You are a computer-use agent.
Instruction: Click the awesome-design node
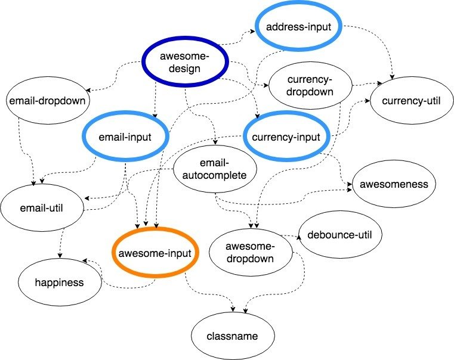point(186,63)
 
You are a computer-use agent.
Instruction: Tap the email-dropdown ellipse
point(47,101)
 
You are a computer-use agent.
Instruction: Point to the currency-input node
point(287,137)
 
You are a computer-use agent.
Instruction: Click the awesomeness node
point(394,184)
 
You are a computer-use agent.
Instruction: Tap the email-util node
point(41,207)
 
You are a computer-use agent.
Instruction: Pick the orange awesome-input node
point(154,253)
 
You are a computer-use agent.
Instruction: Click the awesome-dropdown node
point(250,253)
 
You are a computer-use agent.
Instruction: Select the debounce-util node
point(339,235)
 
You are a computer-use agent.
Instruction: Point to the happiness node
point(59,282)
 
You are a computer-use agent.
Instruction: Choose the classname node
point(233,336)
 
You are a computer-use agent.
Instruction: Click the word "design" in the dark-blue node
point(185,69)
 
